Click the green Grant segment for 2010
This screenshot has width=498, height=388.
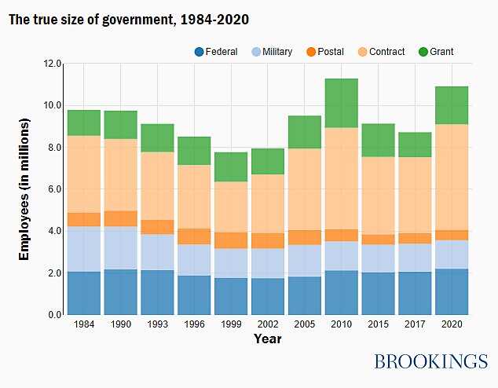pyautogui.click(x=341, y=103)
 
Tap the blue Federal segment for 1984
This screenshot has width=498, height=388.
pyautogui.click(x=83, y=293)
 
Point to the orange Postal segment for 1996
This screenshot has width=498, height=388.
pyautogui.click(x=194, y=236)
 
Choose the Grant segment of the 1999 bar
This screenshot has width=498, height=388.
pyautogui.click(x=231, y=167)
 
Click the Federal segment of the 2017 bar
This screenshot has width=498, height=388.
pyautogui.click(x=415, y=293)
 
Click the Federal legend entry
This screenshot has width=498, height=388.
pyautogui.click(x=215, y=52)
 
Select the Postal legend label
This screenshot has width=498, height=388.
pyautogui.click(x=331, y=52)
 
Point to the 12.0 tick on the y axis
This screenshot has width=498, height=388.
pyautogui.click(x=53, y=64)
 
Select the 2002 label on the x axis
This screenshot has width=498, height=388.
pyautogui.click(x=268, y=324)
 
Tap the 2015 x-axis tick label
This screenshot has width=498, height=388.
pyautogui.click(x=378, y=324)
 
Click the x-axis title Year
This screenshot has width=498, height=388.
pyautogui.click(x=267, y=339)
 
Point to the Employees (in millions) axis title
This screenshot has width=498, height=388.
pyautogui.click(x=24, y=189)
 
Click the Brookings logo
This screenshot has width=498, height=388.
pyautogui.click(x=430, y=361)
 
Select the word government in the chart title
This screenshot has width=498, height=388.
pyautogui.click(x=123, y=19)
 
